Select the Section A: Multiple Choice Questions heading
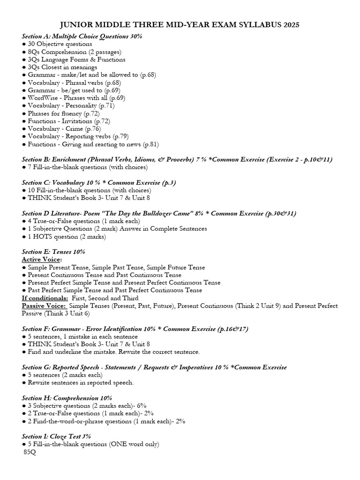[82, 36]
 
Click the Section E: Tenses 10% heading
[53, 252]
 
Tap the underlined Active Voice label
[42, 260]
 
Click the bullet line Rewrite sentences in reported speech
[81, 382]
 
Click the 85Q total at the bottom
[30, 452]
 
